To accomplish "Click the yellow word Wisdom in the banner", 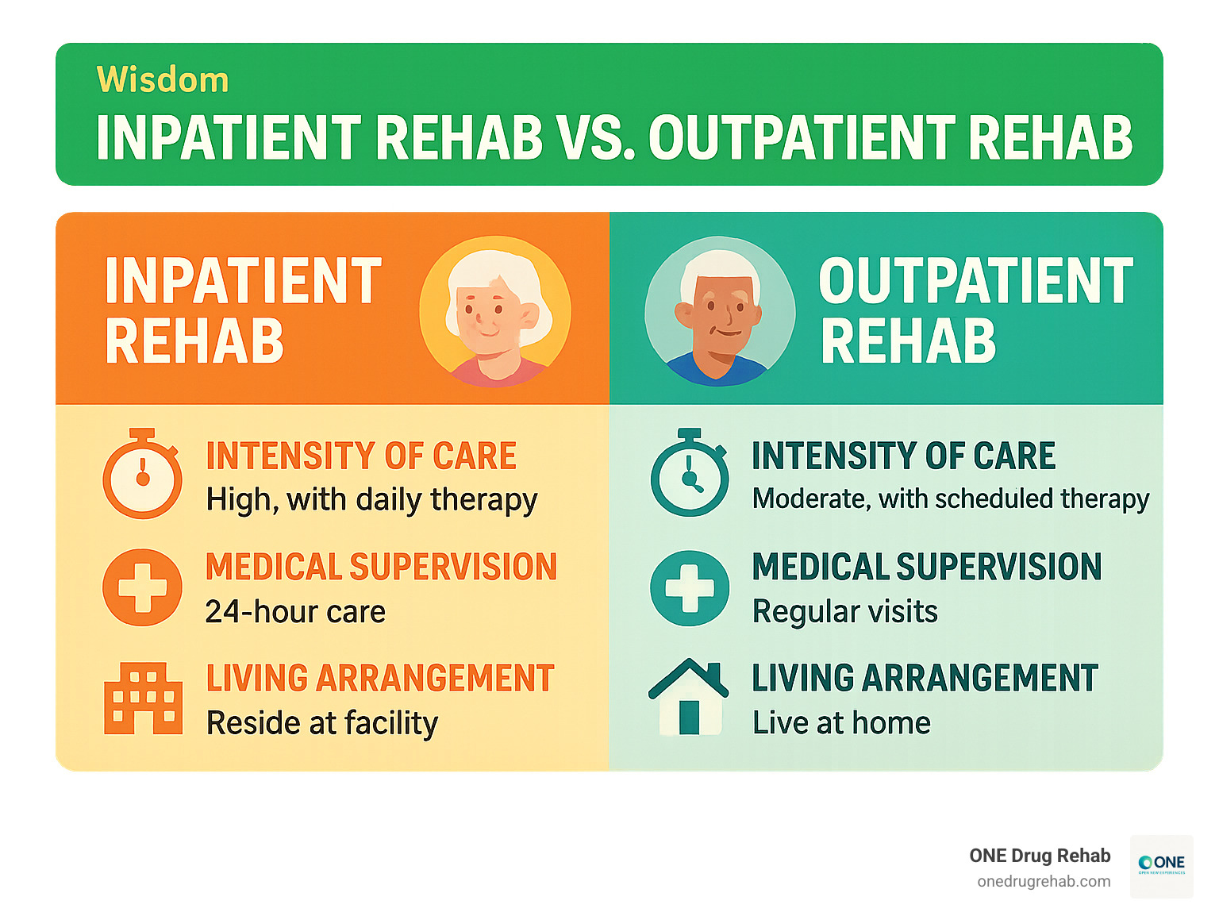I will click(x=163, y=80).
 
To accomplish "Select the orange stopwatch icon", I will click(x=143, y=475).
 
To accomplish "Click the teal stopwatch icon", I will click(x=690, y=475).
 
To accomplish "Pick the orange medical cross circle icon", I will click(x=143, y=587).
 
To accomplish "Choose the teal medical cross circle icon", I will click(x=690, y=588).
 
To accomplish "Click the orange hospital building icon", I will click(x=144, y=699).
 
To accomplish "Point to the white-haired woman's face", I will click(x=490, y=310).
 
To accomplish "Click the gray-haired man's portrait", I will click(x=720, y=312).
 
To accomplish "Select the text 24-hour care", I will click(x=295, y=612).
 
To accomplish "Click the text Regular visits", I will click(x=845, y=612).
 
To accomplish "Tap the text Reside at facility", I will click(x=322, y=723).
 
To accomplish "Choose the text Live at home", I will click(x=841, y=723).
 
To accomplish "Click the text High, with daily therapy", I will click(x=371, y=500).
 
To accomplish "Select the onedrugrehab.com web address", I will click(x=1044, y=882).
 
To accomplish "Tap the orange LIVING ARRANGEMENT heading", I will click(x=380, y=679).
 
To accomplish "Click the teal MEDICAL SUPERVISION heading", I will click(x=927, y=567).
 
